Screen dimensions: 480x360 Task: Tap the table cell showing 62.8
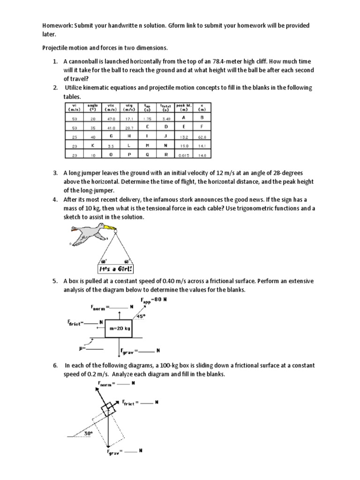pos(202,137)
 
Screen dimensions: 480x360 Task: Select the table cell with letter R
pos(164,154)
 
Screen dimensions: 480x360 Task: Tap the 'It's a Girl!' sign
pos(115,269)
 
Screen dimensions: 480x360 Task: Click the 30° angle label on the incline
pos(88,433)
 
